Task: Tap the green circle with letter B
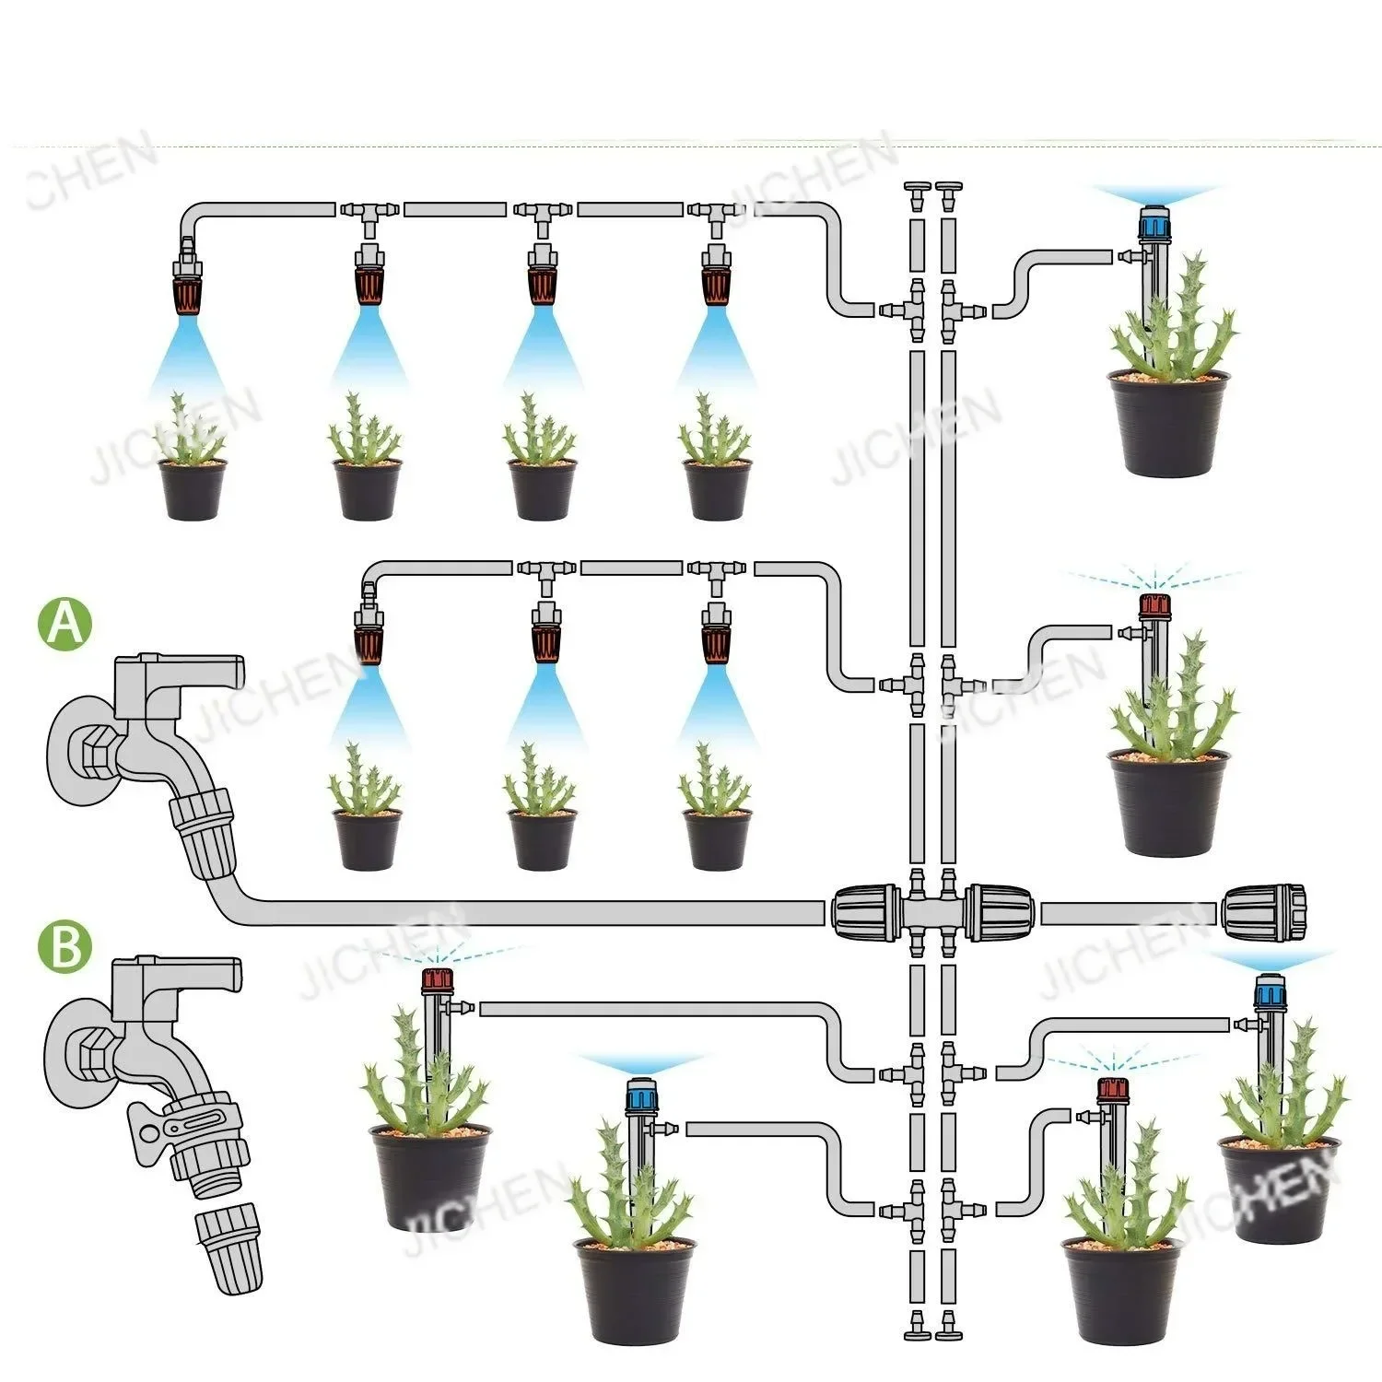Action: click(64, 947)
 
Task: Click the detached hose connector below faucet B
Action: click(228, 1253)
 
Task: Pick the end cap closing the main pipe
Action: click(1264, 913)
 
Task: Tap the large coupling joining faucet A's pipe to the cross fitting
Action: click(864, 913)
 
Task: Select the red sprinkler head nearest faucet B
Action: click(435, 979)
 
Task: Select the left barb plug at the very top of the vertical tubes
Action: click(917, 194)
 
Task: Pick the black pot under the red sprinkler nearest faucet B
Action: click(430, 1176)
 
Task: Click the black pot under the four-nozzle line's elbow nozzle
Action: click(192, 490)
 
